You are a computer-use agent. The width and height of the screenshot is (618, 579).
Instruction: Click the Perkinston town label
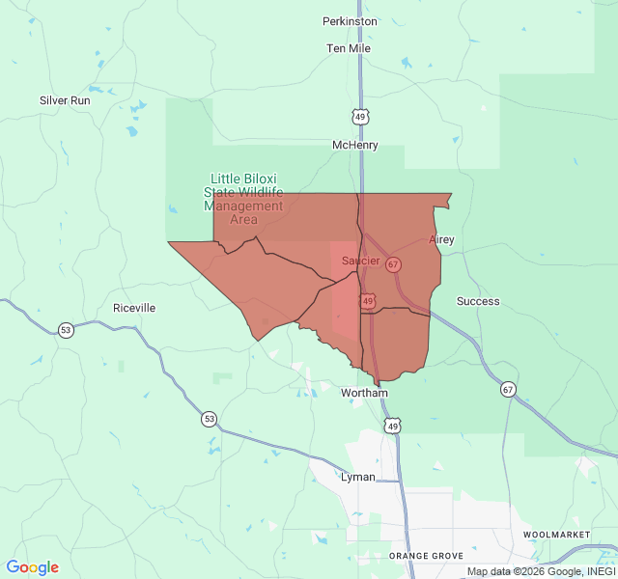click(x=350, y=20)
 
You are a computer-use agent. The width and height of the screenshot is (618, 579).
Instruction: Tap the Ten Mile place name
click(x=349, y=48)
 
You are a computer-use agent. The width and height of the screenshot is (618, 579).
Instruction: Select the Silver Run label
click(x=65, y=100)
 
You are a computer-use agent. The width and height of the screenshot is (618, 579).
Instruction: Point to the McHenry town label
click(x=355, y=145)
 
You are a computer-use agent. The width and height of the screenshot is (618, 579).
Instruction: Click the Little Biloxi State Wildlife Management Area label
click(x=243, y=199)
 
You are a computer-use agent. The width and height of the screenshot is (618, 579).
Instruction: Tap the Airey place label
click(x=441, y=239)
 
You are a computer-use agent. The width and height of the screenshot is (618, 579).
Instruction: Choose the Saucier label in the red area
click(x=360, y=261)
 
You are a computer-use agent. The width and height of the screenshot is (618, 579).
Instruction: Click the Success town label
click(x=478, y=301)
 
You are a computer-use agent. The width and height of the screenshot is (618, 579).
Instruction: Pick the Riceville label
click(x=134, y=308)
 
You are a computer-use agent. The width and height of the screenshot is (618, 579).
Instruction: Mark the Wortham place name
click(x=364, y=393)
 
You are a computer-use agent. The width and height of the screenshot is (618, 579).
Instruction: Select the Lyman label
click(x=358, y=477)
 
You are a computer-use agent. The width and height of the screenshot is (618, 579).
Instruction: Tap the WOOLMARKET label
click(x=555, y=534)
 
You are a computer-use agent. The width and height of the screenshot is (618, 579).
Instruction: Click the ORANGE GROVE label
click(x=426, y=556)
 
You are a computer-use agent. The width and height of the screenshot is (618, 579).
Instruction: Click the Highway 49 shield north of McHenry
click(x=360, y=117)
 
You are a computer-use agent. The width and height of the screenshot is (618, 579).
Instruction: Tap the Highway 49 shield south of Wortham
click(x=392, y=425)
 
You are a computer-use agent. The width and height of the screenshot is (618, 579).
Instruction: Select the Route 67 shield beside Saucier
click(x=393, y=263)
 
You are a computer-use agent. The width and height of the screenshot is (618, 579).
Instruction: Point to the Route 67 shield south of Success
click(x=508, y=390)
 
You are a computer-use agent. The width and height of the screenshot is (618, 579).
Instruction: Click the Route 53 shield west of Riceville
click(x=66, y=329)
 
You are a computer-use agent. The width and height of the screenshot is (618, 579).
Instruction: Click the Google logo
click(x=33, y=567)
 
